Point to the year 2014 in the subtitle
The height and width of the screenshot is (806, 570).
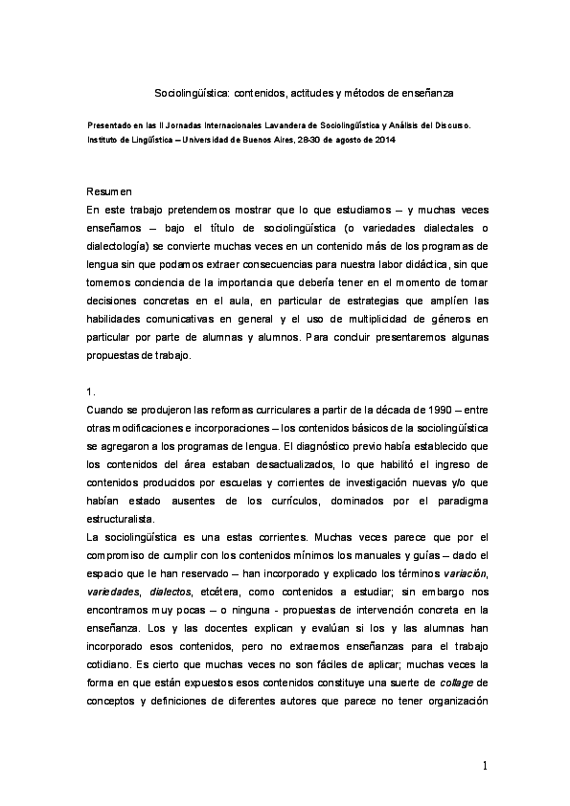[x=384, y=140]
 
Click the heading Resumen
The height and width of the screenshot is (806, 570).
[x=108, y=191]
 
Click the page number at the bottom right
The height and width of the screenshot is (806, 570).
[x=486, y=765]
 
